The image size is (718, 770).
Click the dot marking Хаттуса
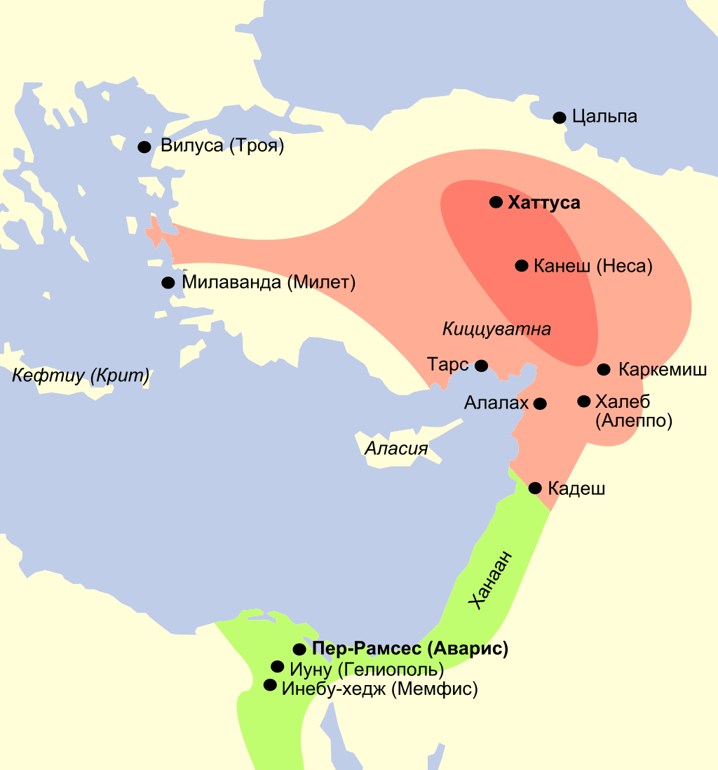496,202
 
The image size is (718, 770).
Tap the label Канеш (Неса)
592,266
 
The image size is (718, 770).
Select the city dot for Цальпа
559,117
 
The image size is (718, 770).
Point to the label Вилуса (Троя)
222,147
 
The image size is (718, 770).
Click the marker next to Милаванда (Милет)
168,283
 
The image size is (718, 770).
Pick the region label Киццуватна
496,328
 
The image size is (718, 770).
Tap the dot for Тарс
481,366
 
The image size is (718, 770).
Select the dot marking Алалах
540,404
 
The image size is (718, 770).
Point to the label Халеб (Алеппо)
633,411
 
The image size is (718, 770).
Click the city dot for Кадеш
535,488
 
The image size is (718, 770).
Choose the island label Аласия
396,448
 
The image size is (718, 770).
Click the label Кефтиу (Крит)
81,376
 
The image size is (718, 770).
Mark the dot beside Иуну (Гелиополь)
277,667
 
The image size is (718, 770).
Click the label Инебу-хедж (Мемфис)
379,689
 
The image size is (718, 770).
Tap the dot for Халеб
583,401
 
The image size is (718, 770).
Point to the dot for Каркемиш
604,369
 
